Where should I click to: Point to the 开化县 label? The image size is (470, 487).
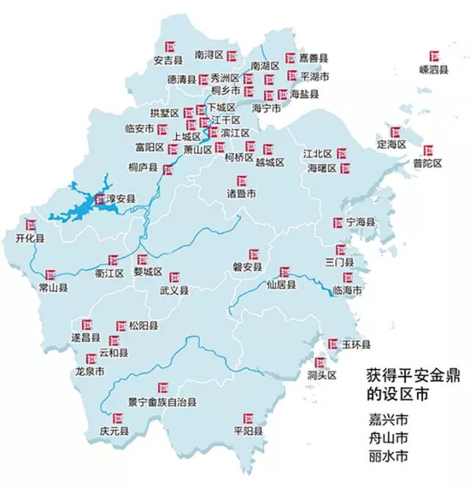30,238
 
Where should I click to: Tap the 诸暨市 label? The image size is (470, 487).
241,194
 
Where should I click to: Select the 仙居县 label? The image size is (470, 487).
281,285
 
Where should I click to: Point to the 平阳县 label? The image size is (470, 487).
247,431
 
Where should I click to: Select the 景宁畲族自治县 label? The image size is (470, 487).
161,402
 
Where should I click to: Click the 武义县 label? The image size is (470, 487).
174,291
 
